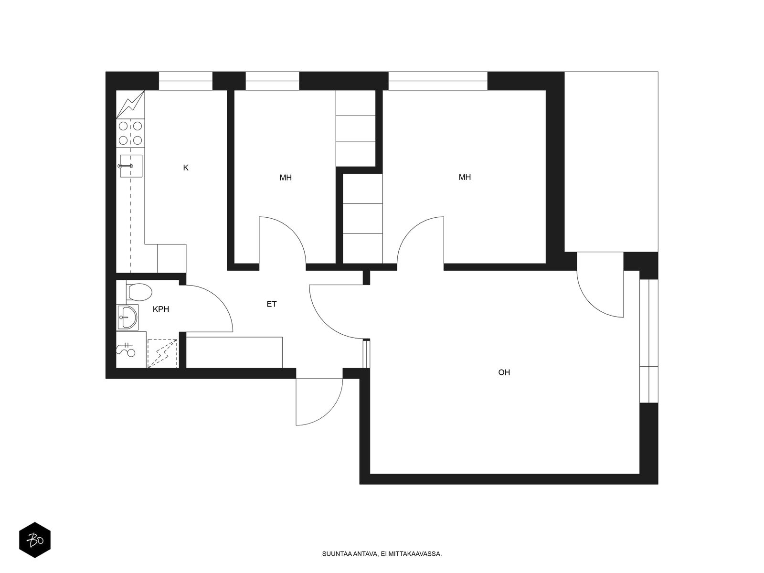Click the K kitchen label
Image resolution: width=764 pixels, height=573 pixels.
click(x=186, y=168)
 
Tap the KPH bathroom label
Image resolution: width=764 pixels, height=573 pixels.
click(x=161, y=309)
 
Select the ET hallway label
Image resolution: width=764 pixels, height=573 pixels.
click(x=272, y=304)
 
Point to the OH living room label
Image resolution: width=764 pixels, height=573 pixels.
click(x=504, y=372)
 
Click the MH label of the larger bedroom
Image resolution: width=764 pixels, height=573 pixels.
click(x=465, y=178)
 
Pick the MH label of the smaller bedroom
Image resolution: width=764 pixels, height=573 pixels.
click(x=286, y=178)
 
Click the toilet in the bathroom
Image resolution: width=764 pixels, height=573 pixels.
click(x=139, y=292)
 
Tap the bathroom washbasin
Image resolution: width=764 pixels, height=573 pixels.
click(x=128, y=317)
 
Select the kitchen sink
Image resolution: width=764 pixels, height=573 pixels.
click(x=130, y=166)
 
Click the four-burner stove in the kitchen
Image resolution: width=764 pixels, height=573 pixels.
click(x=130, y=133)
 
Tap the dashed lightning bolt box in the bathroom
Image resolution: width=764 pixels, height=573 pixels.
click(x=162, y=353)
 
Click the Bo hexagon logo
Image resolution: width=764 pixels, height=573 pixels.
click(x=35, y=540)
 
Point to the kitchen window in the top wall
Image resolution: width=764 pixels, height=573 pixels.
click(x=186, y=81)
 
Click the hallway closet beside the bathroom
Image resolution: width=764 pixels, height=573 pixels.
click(x=234, y=352)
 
